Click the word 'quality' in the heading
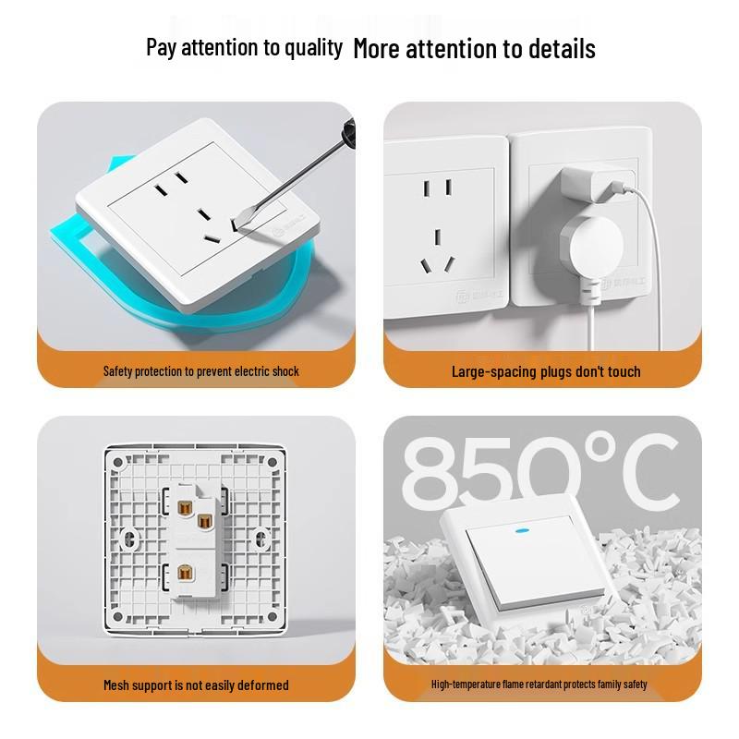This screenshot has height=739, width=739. point(310,48)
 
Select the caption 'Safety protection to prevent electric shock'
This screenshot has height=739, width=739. point(201,371)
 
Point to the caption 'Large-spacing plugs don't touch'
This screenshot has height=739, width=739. point(546,371)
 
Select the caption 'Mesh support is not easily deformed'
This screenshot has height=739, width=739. point(196,685)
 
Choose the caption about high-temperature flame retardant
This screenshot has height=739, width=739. point(539,684)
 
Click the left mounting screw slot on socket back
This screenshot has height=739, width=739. point(127,535)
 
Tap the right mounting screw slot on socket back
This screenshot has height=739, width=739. point(261,535)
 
